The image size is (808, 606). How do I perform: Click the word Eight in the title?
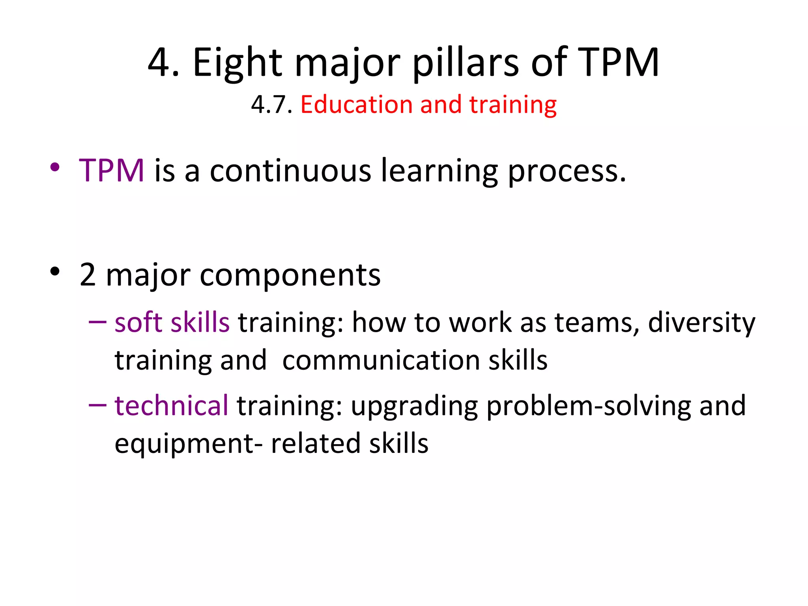pyautogui.click(x=238, y=62)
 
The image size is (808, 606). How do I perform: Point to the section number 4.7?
pyautogui.click(x=271, y=105)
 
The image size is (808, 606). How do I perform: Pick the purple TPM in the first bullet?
pyautogui.click(x=112, y=170)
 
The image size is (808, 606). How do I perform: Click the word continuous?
pyautogui.click(x=290, y=170)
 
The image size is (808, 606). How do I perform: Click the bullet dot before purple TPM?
pyautogui.click(x=55, y=167)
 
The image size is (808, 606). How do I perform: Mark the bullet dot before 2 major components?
pyautogui.click(x=55, y=271)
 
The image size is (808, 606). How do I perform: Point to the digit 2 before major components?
pyautogui.click(x=88, y=275)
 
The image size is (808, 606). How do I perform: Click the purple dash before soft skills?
pyautogui.click(x=97, y=322)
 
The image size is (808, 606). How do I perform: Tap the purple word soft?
pyautogui.click(x=138, y=322)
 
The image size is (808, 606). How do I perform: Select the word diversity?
pyautogui.click(x=701, y=323)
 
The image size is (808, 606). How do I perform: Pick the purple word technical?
pyautogui.click(x=171, y=405)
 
